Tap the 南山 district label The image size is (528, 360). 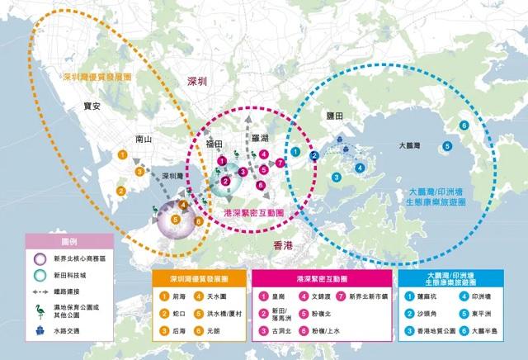pos(144,140)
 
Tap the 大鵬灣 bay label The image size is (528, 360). pos(408,144)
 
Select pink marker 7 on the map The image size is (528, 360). pos(280,163)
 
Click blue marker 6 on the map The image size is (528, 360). pos(464,125)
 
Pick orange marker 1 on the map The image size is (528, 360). pos(122,154)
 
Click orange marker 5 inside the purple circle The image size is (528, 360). pos(175,220)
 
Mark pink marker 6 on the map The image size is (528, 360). pos(262,184)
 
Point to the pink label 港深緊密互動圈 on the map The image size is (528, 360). pos(255,213)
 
